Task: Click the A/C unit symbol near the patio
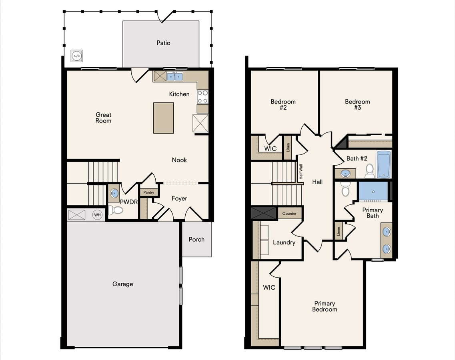tap(76, 56)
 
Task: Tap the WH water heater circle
tap(97, 215)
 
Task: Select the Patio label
tap(163, 43)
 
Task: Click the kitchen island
tap(163, 118)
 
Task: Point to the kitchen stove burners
tap(202, 96)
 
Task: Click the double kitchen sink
tap(174, 76)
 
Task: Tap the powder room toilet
tap(116, 210)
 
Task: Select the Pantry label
tap(149, 192)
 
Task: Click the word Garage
tap(122, 284)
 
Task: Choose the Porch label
tap(196, 239)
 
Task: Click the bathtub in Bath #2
tap(383, 164)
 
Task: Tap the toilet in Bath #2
tap(370, 171)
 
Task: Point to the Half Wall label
tap(301, 172)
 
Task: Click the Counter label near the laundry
tap(289, 214)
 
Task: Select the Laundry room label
tap(284, 242)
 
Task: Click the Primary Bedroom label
tap(325, 306)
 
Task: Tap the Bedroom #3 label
tap(357, 104)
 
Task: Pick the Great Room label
tap(103, 118)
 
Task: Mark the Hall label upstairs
tap(317, 182)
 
